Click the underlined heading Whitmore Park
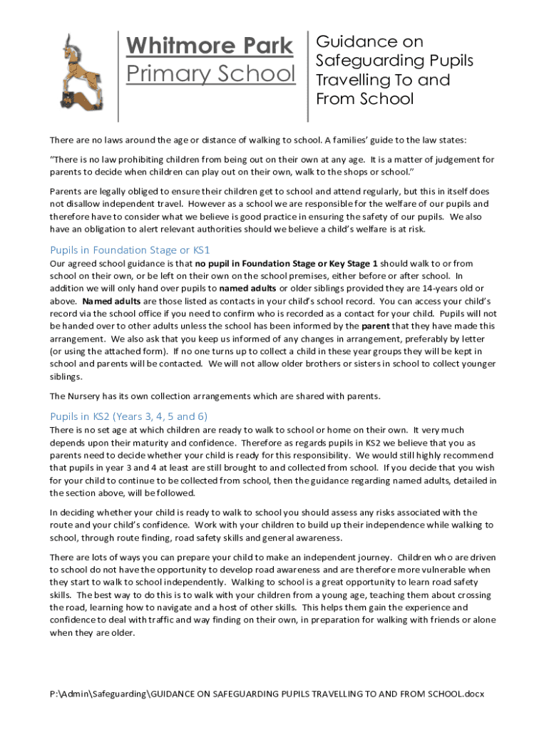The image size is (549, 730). coord(209,46)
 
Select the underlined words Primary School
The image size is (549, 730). coord(210,73)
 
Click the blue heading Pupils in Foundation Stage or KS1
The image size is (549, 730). coord(130,250)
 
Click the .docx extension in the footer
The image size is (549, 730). coord(473,694)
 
